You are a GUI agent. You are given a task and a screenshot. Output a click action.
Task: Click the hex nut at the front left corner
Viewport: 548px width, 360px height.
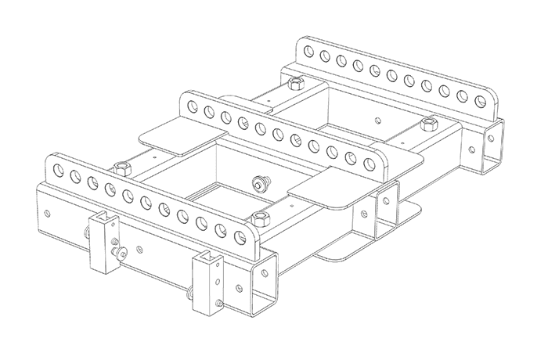click(x=121, y=167)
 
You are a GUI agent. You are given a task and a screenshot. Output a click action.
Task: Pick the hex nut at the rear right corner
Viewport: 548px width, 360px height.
click(x=427, y=124)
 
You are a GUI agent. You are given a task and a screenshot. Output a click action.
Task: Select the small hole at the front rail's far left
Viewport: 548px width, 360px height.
click(x=49, y=212)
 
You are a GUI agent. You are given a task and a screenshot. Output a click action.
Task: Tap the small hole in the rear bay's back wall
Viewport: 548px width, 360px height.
click(x=379, y=120)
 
